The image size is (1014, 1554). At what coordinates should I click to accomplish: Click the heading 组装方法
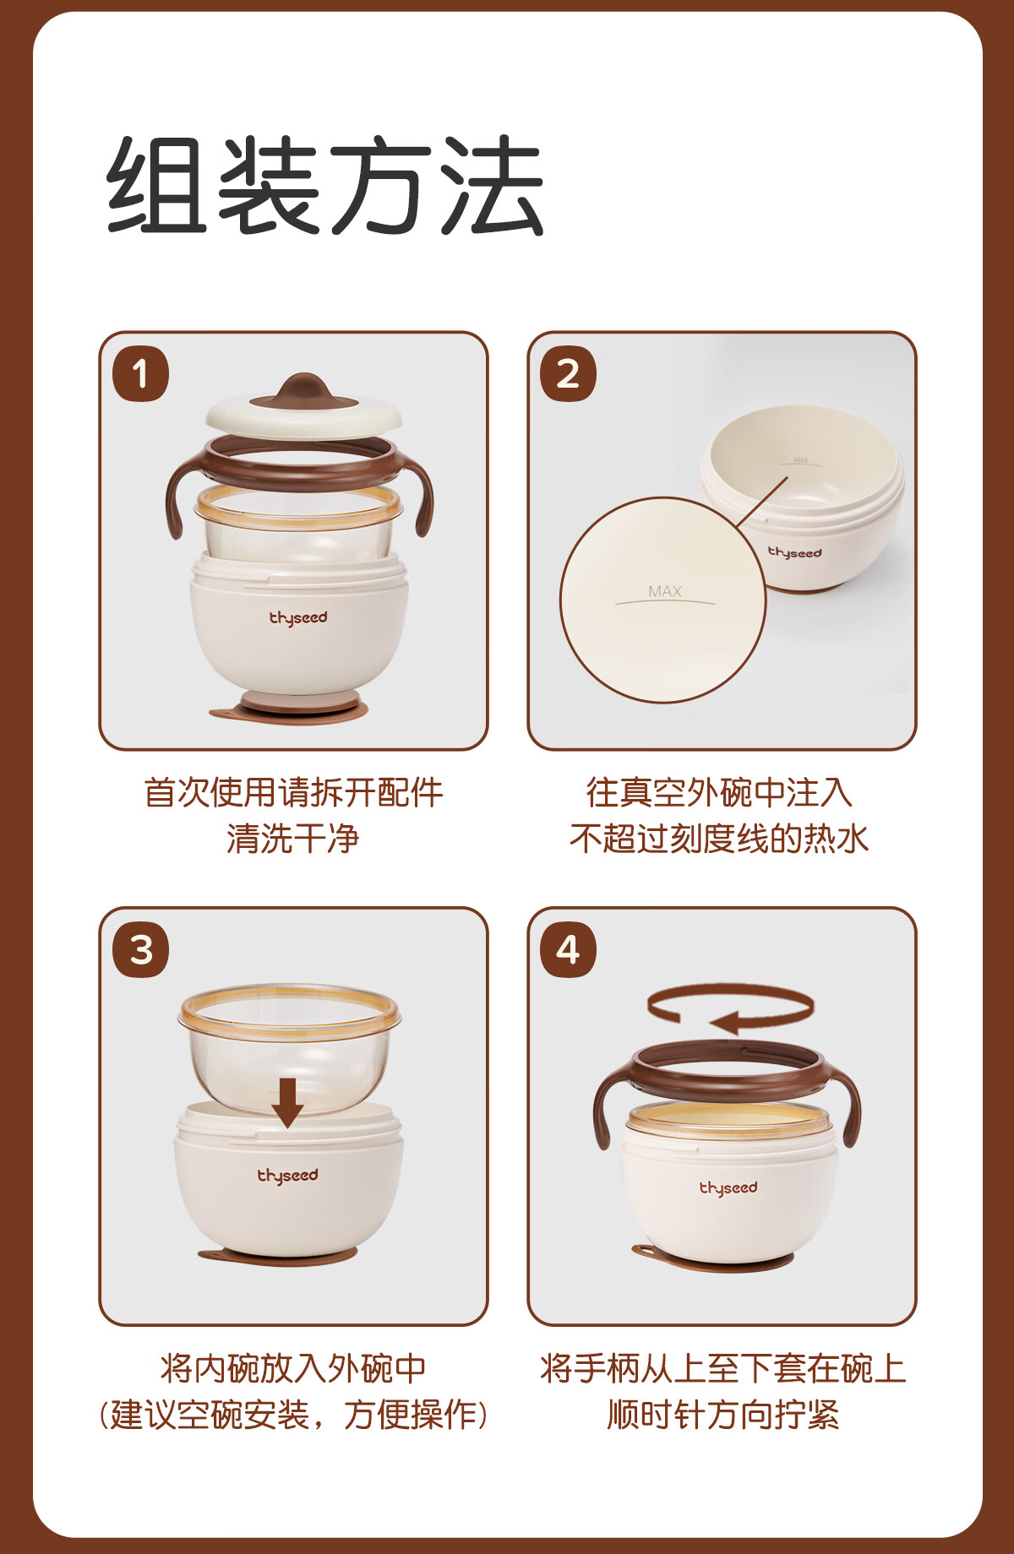pyautogui.click(x=324, y=186)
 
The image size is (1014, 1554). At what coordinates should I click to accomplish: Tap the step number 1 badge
pyautogui.click(x=140, y=373)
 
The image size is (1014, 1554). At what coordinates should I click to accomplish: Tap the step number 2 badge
pyautogui.click(x=568, y=373)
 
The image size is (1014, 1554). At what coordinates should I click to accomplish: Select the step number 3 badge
pyautogui.click(x=140, y=949)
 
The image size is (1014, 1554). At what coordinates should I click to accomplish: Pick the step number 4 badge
pyautogui.click(x=568, y=949)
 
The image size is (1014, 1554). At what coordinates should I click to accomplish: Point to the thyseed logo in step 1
pyautogui.click(x=298, y=618)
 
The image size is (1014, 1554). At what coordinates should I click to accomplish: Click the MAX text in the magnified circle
pyautogui.click(x=665, y=591)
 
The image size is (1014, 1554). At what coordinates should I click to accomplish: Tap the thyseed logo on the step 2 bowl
pyautogui.click(x=794, y=552)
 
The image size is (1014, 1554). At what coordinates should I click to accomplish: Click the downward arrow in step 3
pyautogui.click(x=287, y=1102)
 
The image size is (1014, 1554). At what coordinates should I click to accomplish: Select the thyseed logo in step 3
pyautogui.click(x=288, y=1176)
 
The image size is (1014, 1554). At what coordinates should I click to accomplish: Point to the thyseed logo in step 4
pyautogui.click(x=728, y=1188)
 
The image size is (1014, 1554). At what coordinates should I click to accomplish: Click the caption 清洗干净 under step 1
pyautogui.click(x=293, y=839)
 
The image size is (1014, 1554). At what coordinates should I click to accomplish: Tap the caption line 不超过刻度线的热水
pyautogui.click(x=720, y=839)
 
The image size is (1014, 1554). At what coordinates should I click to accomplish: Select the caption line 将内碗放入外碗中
pyautogui.click(x=293, y=1368)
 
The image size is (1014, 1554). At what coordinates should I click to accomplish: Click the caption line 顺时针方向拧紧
pyautogui.click(x=723, y=1415)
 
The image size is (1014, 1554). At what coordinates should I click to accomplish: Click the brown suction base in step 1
pyautogui.click(x=291, y=709)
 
